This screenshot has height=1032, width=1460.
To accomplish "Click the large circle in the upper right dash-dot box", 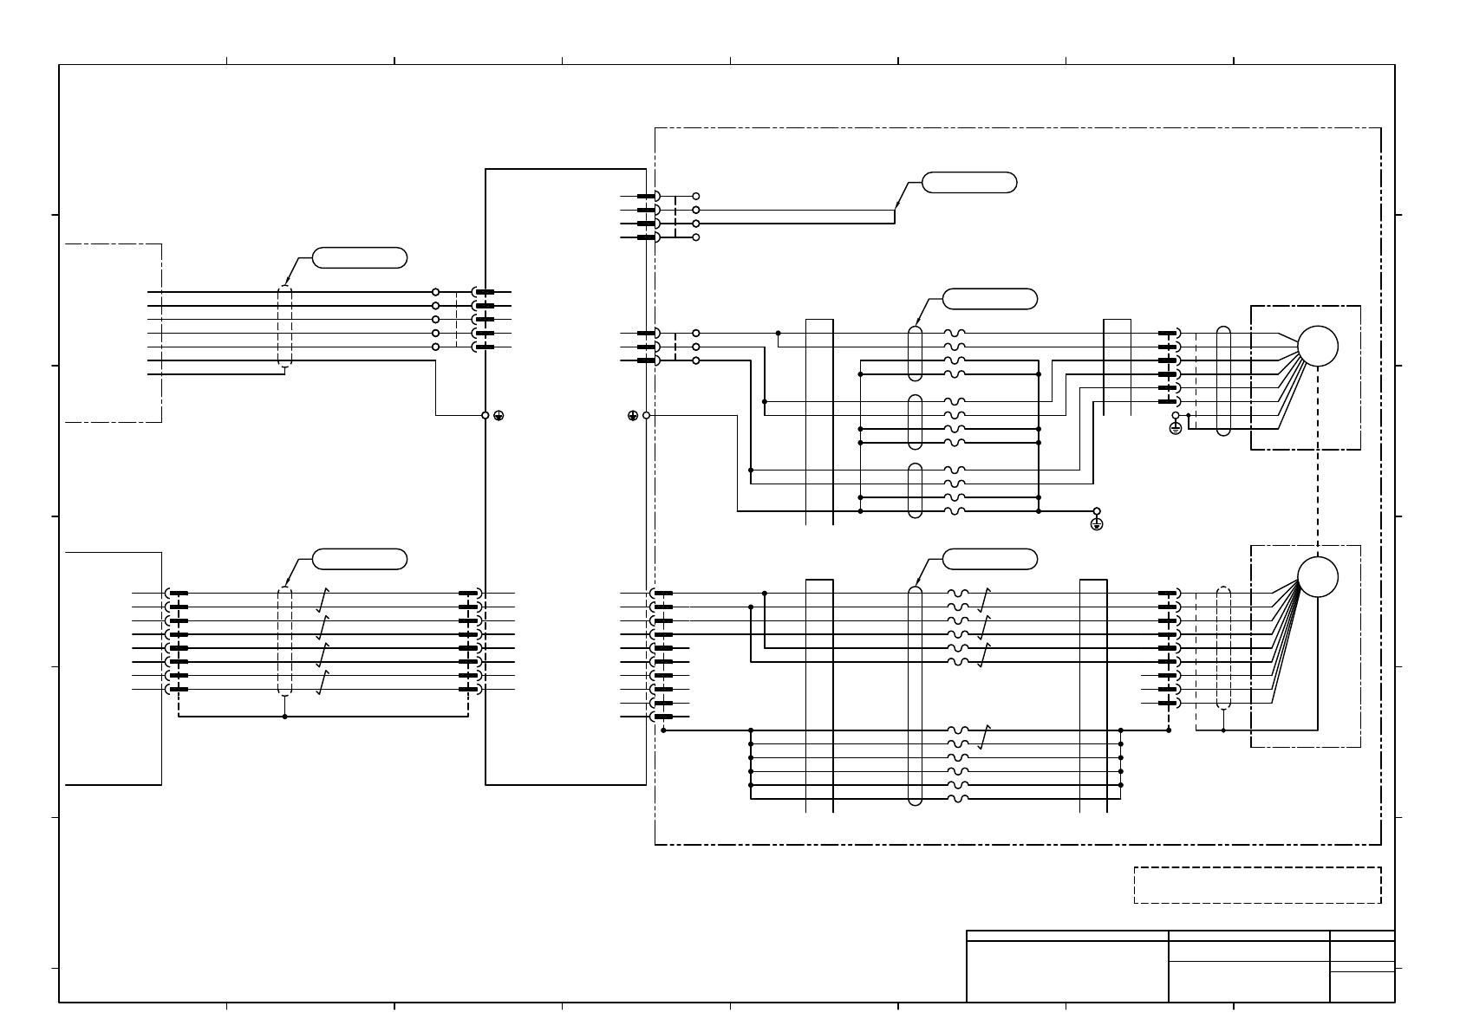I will [x=1317, y=346].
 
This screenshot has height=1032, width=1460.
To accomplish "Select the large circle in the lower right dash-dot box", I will [x=1317, y=577].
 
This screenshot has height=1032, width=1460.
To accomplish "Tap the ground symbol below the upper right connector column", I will [x=1175, y=428].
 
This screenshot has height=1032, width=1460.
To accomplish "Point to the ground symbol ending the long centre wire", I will [x=1097, y=524].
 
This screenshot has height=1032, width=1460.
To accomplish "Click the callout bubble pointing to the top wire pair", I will [x=968, y=183].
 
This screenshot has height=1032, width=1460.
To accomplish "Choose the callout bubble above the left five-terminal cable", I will [x=359, y=257].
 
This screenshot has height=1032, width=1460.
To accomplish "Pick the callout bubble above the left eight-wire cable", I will [x=359, y=559].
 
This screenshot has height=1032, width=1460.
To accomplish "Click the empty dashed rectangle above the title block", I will [x=1257, y=885].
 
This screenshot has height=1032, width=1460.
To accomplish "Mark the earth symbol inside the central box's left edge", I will [x=499, y=416].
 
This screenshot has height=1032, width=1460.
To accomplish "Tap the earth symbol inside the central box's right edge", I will [x=633, y=416].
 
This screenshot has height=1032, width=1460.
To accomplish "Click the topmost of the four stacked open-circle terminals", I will [x=695, y=197].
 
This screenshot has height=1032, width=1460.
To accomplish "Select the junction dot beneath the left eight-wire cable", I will [x=284, y=717].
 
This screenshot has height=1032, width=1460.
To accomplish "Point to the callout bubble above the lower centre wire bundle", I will [x=989, y=559].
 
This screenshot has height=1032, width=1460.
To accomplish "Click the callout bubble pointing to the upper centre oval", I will [x=989, y=299].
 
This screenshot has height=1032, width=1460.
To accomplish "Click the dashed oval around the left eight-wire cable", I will [x=284, y=641].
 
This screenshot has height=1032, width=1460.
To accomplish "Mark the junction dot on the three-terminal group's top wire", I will [x=778, y=333].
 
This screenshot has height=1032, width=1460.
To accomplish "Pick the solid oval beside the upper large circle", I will [x=1223, y=380].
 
